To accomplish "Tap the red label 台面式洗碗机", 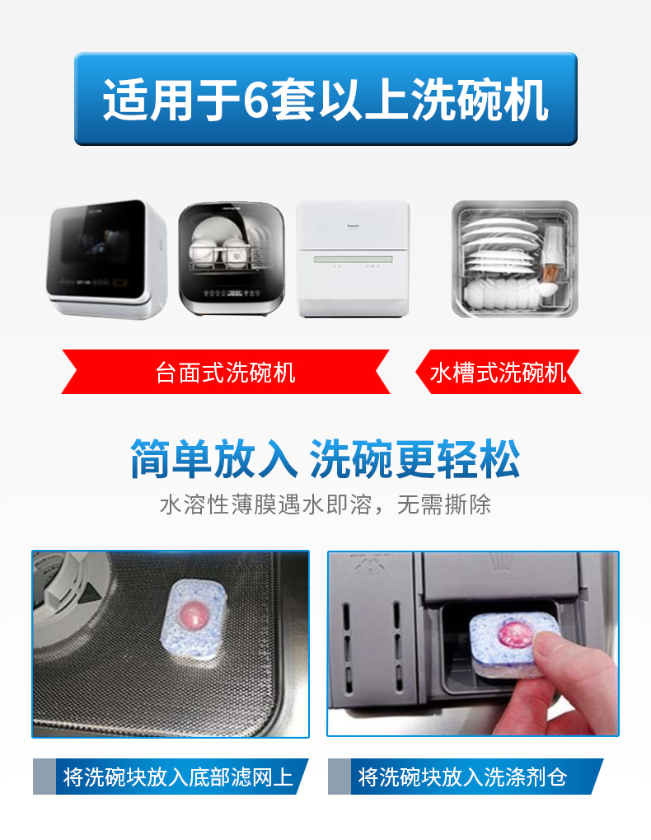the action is point(226,373).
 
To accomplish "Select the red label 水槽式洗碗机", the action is point(498,373).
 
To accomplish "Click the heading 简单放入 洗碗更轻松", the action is point(325,459).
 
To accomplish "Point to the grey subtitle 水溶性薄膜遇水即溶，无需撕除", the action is point(325,504).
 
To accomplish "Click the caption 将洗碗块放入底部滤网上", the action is point(178,777).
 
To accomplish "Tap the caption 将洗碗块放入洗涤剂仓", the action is point(462,777).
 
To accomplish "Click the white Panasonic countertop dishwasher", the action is point(354,260).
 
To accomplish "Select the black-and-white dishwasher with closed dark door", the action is point(106,260).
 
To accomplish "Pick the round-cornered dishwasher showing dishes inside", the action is point(232,259).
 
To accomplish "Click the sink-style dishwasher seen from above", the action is point(515,259).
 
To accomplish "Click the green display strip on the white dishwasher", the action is point(354,260).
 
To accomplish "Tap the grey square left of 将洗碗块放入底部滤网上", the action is point(44,777).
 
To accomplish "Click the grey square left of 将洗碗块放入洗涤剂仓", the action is point(339,777).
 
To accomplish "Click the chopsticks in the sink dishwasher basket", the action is point(550,273).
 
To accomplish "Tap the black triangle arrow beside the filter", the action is point(91,593).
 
